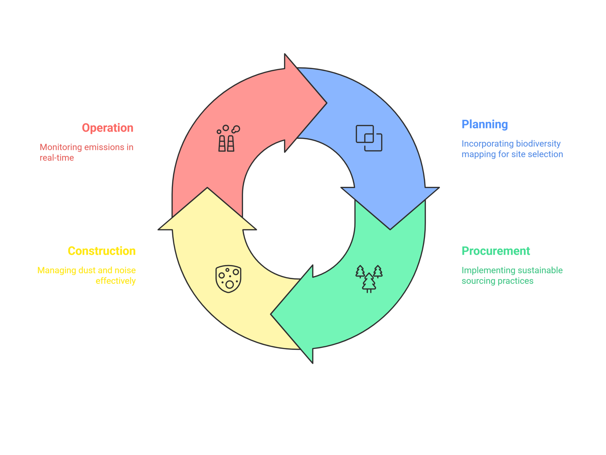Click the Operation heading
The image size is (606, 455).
(107, 128)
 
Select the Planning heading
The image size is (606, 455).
(485, 125)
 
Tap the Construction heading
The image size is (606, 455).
(101, 251)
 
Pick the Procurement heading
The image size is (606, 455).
(496, 251)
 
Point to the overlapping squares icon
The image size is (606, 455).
(369, 138)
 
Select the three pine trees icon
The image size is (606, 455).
(369, 279)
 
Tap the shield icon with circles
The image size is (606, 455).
(228, 279)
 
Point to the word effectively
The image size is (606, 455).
(115, 281)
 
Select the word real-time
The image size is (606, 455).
(57, 157)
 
